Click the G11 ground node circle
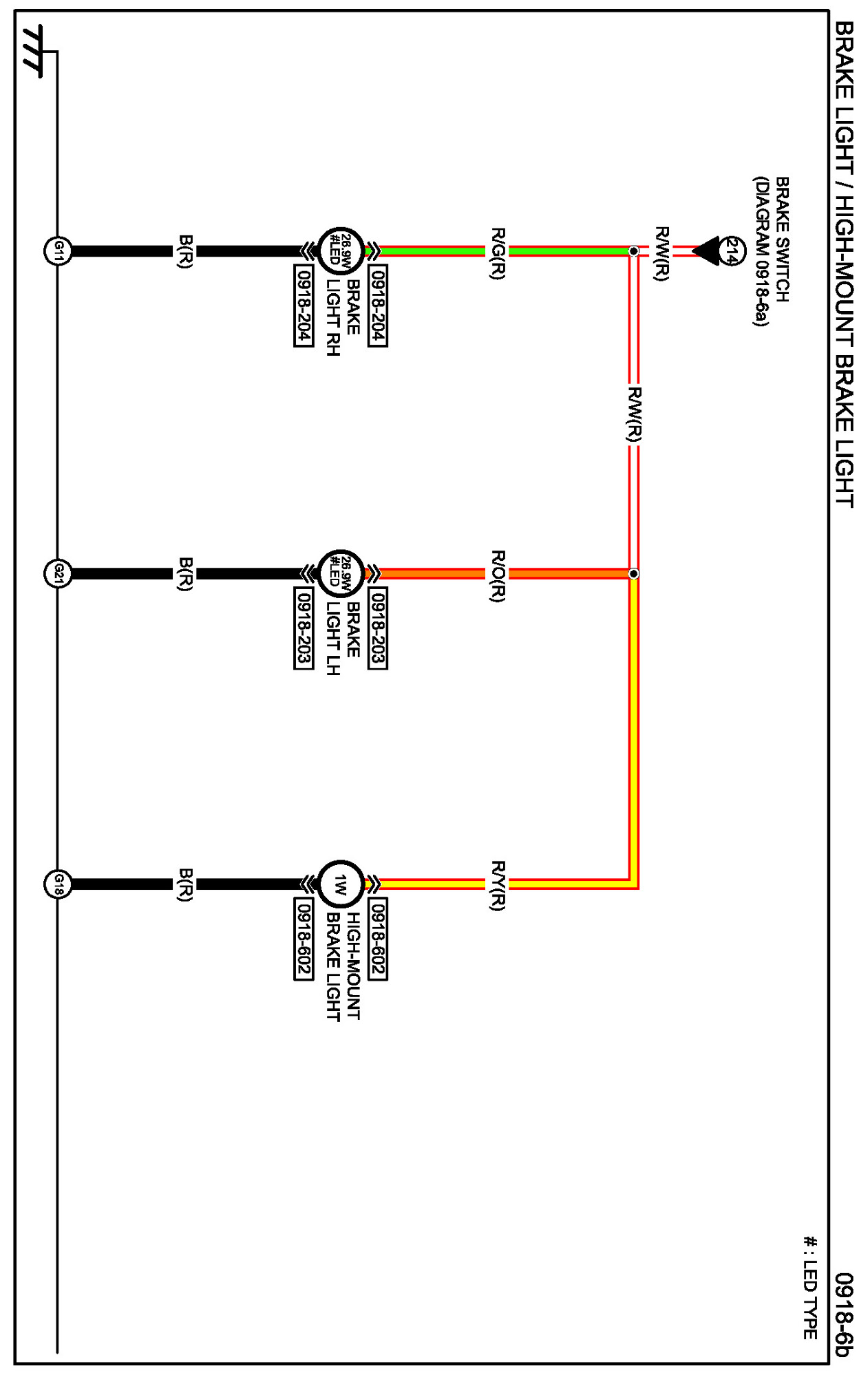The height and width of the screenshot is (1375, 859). (59, 251)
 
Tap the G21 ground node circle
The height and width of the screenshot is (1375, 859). (59, 573)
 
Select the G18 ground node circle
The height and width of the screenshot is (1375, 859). (59, 884)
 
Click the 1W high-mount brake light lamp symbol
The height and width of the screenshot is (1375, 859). (340, 884)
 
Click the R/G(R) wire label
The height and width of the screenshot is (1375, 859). (497, 253)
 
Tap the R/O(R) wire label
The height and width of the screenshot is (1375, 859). (497, 575)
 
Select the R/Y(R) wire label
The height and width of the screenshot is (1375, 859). (497, 885)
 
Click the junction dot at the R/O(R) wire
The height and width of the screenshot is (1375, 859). (633, 573)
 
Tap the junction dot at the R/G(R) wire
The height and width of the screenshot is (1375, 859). (633, 251)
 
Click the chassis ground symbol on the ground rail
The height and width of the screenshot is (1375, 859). (32, 51)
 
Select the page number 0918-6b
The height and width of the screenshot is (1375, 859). (844, 1314)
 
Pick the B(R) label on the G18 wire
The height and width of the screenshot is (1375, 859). (184, 884)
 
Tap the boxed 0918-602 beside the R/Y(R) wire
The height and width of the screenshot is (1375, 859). (377, 938)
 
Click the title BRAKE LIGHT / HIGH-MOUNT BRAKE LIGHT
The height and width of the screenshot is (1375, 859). (844, 265)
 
